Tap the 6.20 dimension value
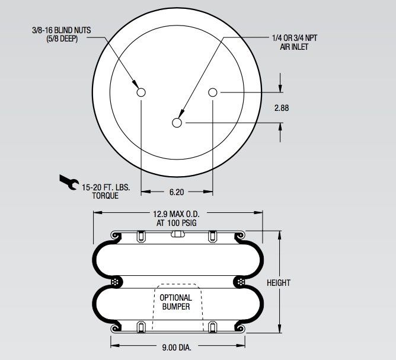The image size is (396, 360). tap(177, 192)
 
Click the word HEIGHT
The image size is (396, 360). tap(279, 282)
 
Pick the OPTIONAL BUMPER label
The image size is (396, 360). tap(176, 302)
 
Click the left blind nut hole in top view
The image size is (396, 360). tap(141, 92)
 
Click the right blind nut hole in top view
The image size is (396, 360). tap(213, 92)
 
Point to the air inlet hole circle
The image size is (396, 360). tap(177, 123)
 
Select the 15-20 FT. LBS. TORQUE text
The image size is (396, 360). tap(106, 190)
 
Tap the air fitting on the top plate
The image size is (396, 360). tap(176, 234)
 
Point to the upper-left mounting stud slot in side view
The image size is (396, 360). tap(140, 236)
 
